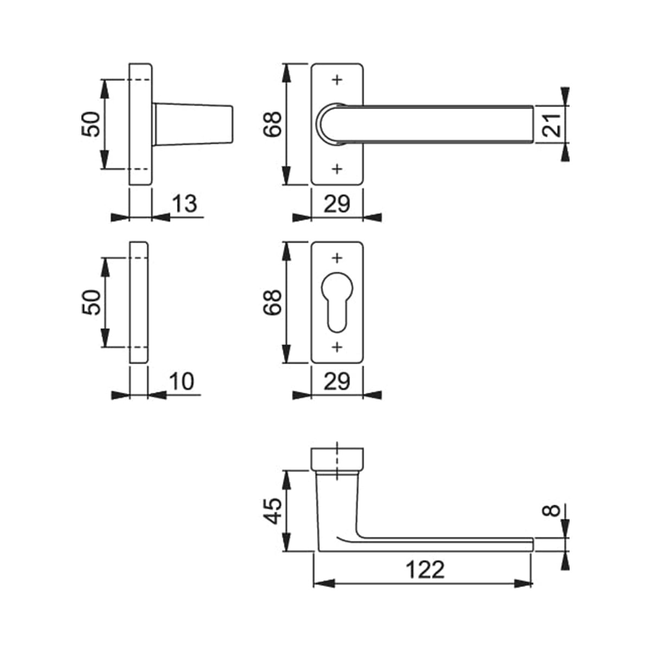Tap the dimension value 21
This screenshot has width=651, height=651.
[x=552, y=125]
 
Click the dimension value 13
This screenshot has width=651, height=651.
[x=185, y=204]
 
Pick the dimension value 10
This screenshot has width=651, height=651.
[x=182, y=381]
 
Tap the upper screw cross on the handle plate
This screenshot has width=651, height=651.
[x=337, y=80]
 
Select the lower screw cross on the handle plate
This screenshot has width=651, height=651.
[x=337, y=169]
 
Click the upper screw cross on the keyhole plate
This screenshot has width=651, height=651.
[x=337, y=258]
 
